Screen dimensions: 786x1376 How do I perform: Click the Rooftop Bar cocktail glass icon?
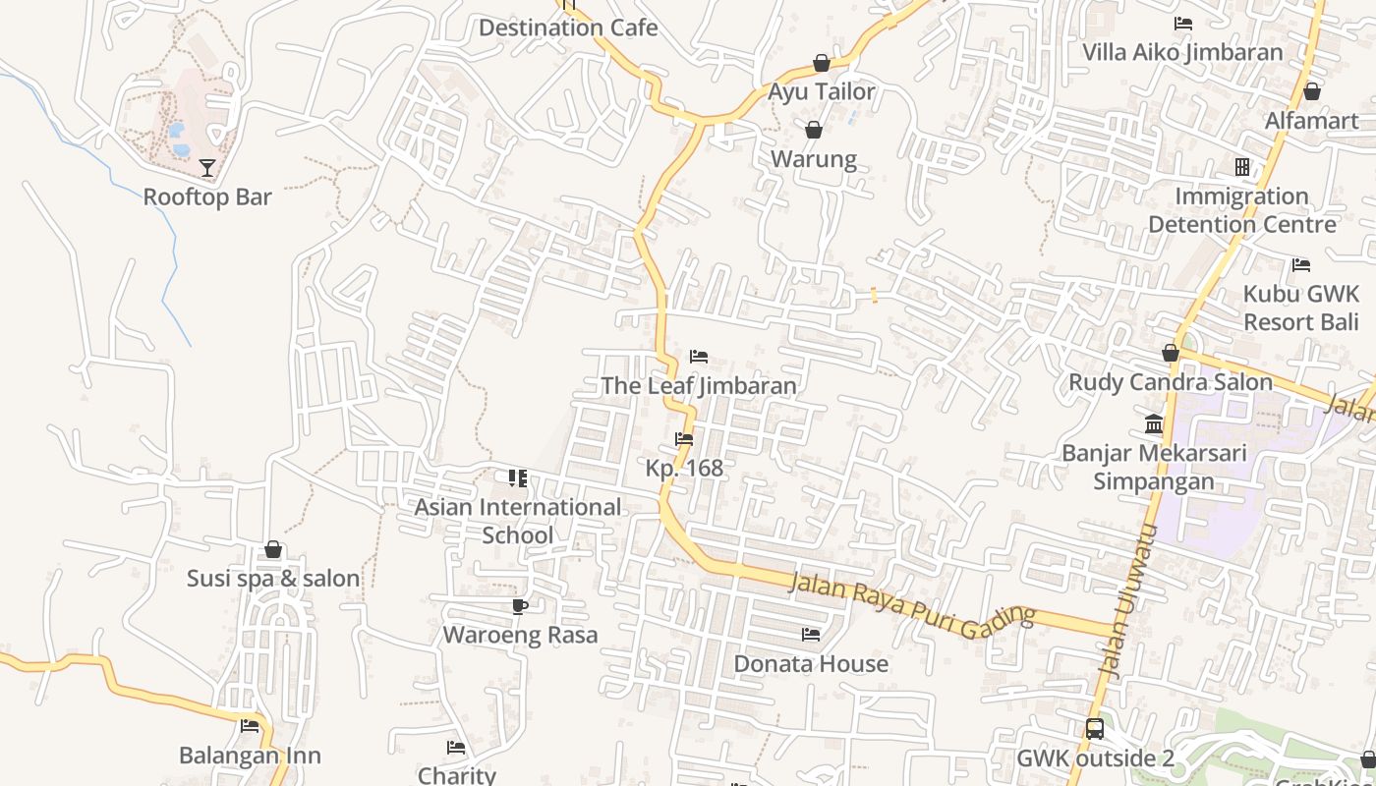coord(207,168)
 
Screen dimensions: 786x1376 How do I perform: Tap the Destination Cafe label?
coord(568,28)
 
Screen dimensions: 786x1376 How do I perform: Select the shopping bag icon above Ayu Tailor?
coord(822,64)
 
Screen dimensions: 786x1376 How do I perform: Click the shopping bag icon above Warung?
coord(814,130)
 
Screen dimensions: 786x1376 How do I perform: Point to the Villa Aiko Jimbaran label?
coord(1182,52)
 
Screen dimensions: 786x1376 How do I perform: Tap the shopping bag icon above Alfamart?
coord(1311,91)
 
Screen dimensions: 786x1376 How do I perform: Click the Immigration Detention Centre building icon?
coord(1242,167)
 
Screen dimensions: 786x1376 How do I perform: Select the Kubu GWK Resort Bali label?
coord(1300,308)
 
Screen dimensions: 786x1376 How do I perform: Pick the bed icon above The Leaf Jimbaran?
coord(699,356)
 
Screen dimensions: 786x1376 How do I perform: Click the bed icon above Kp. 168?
coord(684,439)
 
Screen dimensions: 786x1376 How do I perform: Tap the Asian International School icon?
coord(518,478)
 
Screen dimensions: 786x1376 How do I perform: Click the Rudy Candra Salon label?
coord(1170,382)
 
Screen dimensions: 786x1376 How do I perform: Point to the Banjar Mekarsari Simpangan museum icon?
coord(1154,424)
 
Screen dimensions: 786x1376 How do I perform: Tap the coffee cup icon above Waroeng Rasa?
coord(520,606)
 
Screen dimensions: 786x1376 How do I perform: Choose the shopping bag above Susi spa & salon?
coord(273,549)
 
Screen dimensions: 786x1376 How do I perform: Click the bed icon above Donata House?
coord(811,635)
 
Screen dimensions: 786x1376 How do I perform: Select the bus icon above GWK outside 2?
coord(1095,729)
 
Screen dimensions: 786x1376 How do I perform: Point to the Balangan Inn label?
coord(250,756)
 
